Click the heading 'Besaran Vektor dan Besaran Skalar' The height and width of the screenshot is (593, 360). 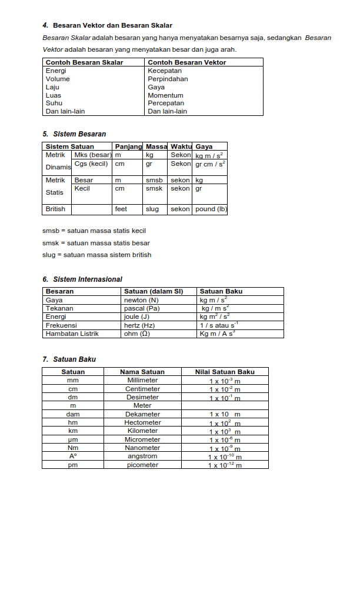(112, 25)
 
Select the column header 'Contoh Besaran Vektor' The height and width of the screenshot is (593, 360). (186, 62)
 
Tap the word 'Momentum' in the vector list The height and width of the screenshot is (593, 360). (165, 95)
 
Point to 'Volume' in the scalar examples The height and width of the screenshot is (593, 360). (58, 79)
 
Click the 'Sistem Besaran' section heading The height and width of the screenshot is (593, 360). (79, 134)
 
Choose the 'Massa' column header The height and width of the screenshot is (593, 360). (156, 146)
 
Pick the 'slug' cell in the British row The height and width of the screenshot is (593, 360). (152, 209)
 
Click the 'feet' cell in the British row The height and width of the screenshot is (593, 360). (121, 209)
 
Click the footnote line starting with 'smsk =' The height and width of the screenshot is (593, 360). (96, 243)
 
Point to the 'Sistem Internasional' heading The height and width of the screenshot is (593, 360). (88, 279)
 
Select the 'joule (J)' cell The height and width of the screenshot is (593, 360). (136, 317)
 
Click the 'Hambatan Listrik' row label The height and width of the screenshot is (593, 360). (72, 334)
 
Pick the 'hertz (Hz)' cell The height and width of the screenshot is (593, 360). (139, 325)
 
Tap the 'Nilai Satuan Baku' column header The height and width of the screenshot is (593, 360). (225, 372)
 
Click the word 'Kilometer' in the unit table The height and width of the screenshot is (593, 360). (142, 431)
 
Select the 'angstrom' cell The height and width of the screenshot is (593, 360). (142, 456)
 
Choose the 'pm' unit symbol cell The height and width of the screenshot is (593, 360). (73, 465)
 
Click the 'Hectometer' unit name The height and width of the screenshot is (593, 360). (142, 422)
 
